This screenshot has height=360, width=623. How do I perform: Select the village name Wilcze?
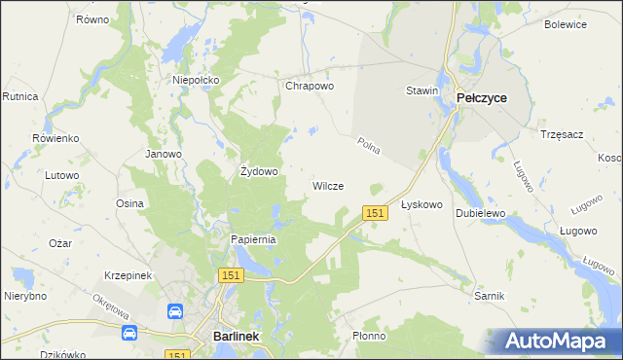click(327, 185)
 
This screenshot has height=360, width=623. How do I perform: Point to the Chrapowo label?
click(310, 86)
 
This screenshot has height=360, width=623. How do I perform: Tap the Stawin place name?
click(422, 90)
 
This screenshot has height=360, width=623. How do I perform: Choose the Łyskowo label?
click(422, 205)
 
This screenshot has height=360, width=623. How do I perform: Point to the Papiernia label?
click(254, 239)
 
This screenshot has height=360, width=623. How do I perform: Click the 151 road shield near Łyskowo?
click(375, 212)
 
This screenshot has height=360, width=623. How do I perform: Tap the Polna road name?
click(368, 148)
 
